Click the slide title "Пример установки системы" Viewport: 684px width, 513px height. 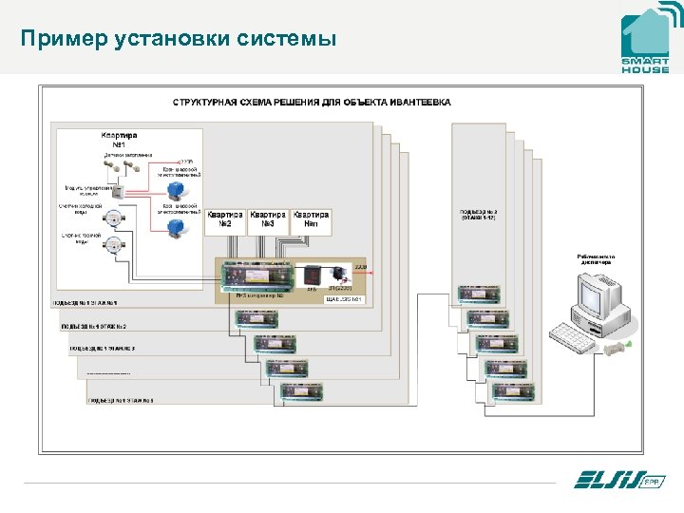(x=179, y=39)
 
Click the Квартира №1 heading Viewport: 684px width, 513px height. (x=119, y=140)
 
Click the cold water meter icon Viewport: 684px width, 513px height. (x=113, y=218)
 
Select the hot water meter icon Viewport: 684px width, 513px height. (x=113, y=246)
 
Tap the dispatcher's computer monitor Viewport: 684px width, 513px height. (x=595, y=294)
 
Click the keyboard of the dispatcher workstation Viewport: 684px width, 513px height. (x=576, y=334)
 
